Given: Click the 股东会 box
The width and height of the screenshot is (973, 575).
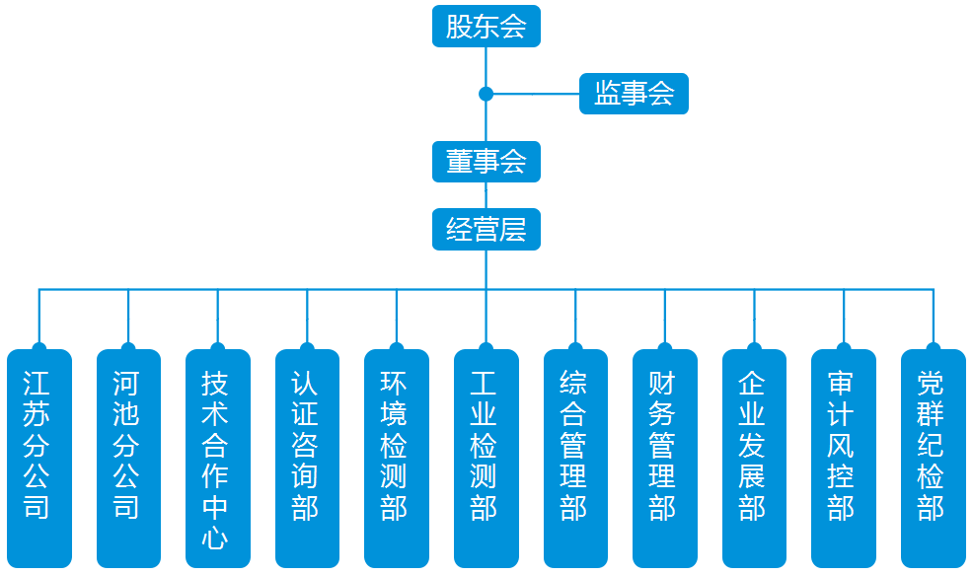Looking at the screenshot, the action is click(486, 26).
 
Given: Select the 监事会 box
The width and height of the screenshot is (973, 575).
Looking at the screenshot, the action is click(634, 94).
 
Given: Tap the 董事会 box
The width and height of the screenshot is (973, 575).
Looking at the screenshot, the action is click(486, 162).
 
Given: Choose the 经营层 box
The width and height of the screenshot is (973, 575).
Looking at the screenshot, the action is click(486, 230).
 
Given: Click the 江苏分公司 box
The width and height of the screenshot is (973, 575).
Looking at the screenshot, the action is click(39, 459).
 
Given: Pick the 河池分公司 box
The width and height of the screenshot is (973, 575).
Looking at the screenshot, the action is click(128, 459).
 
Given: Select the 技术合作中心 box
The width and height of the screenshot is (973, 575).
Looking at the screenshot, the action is click(218, 459).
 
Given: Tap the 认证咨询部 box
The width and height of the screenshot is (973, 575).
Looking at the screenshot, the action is click(307, 459).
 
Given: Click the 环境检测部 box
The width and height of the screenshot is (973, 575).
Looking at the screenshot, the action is click(397, 459).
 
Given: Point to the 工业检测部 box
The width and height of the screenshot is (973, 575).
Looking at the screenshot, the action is click(486, 459).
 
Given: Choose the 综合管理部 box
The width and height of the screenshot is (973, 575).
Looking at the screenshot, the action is click(575, 459).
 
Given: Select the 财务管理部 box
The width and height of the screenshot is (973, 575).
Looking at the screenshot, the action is click(664, 459).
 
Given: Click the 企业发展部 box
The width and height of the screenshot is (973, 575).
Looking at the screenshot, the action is click(754, 459).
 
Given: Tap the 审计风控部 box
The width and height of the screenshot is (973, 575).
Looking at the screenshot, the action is click(844, 459).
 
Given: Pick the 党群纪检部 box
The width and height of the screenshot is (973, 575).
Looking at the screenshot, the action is click(934, 459).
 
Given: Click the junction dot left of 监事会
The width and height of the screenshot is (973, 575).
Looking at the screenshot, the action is click(486, 94).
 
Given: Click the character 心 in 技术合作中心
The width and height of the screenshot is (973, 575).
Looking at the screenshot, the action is click(215, 538).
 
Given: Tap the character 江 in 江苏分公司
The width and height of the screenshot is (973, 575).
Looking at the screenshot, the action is click(37, 384).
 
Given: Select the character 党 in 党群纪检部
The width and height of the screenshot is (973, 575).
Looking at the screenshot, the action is click(931, 384).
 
